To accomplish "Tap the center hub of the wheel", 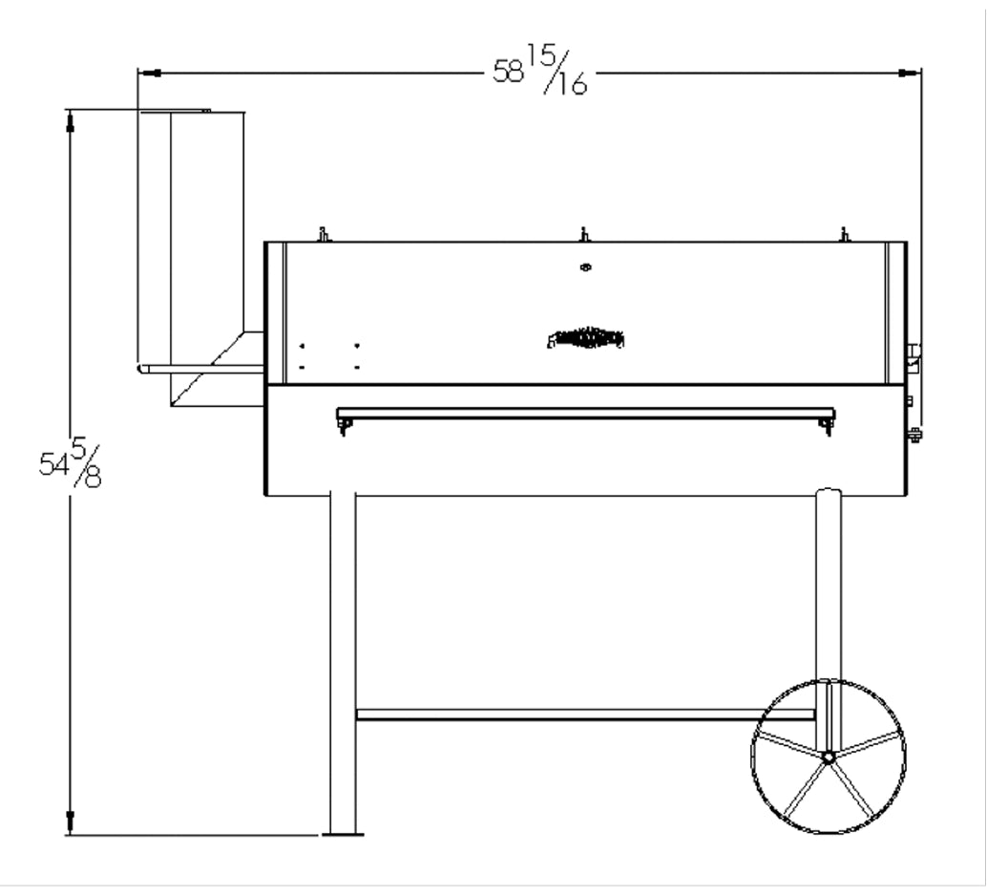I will click(x=829, y=757).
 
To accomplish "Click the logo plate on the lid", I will click(x=586, y=337).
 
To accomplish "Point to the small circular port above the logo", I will click(x=585, y=267).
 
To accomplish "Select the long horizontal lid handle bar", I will click(x=585, y=414).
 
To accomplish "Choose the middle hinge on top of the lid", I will click(x=585, y=234).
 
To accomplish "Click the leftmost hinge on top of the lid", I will click(x=324, y=234).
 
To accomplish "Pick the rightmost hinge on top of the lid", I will click(x=844, y=234).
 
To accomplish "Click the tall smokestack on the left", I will click(x=191, y=239).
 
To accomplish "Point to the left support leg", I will click(x=343, y=659).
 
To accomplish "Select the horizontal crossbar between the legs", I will click(x=584, y=714).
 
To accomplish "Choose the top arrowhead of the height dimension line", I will click(x=69, y=120).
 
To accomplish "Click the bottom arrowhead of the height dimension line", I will click(x=69, y=822).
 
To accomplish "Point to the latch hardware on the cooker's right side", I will click(x=913, y=358).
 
